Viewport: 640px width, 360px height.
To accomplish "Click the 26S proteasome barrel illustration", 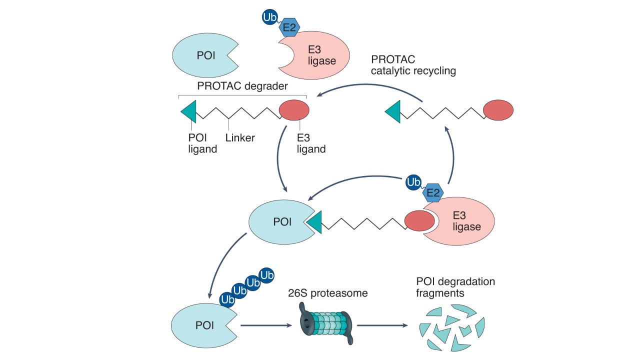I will (327, 324).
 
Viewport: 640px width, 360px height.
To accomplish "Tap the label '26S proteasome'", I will (328, 293).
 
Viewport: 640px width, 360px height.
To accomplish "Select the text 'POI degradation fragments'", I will (455, 287).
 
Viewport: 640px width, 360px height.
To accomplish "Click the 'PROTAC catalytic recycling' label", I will (413, 65).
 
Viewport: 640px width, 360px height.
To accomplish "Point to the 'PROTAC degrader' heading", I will (242, 86).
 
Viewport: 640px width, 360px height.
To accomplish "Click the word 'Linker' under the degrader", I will (240, 137).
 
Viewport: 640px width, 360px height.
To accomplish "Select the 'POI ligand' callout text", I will (202, 143).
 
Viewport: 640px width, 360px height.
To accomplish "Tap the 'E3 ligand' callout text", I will (311, 143).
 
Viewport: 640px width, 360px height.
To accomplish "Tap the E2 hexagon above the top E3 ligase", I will (289, 27).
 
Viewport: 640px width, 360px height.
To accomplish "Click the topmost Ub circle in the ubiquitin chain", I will (266, 275).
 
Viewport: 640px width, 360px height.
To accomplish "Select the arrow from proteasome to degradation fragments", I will (381, 325).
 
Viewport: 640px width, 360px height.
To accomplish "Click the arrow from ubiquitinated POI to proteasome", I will (266, 325).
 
